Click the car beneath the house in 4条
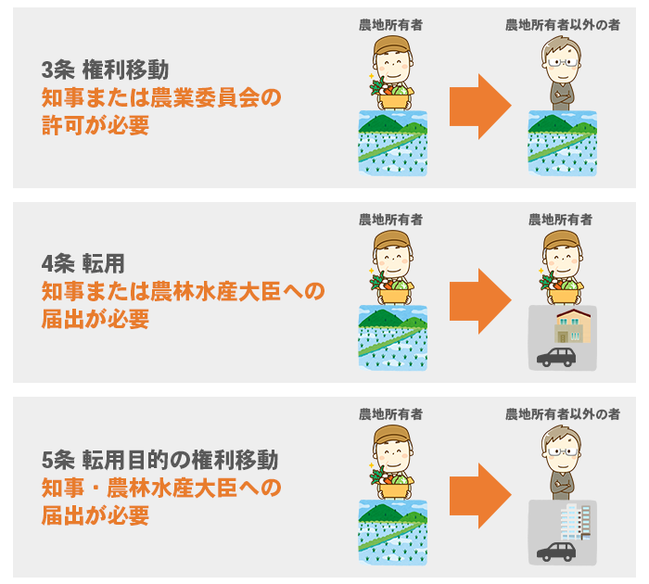coord(556,357)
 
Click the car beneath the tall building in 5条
coord(556,552)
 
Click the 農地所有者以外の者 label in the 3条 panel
coord(561,25)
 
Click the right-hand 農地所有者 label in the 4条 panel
coord(561,220)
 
